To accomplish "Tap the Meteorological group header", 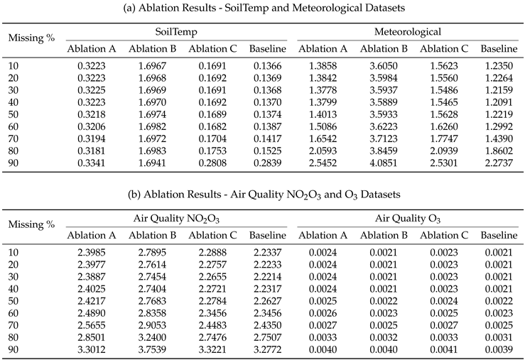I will coord(407,32).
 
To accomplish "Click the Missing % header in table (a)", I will coord(31,38).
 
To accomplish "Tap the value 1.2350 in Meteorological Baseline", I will coord(499,65).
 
